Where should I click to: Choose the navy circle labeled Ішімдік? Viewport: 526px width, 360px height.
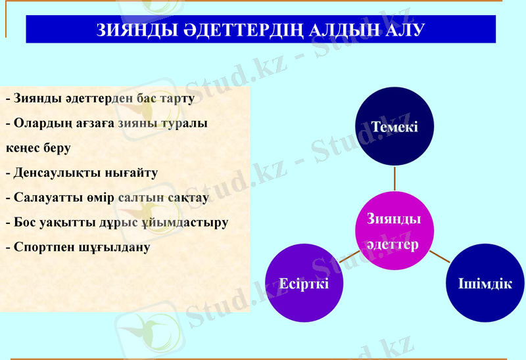[485, 283]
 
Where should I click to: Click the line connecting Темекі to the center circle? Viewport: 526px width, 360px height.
[394, 177]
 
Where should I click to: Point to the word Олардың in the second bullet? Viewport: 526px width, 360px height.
[37, 124]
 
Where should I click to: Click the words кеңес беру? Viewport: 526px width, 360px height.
[38, 148]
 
